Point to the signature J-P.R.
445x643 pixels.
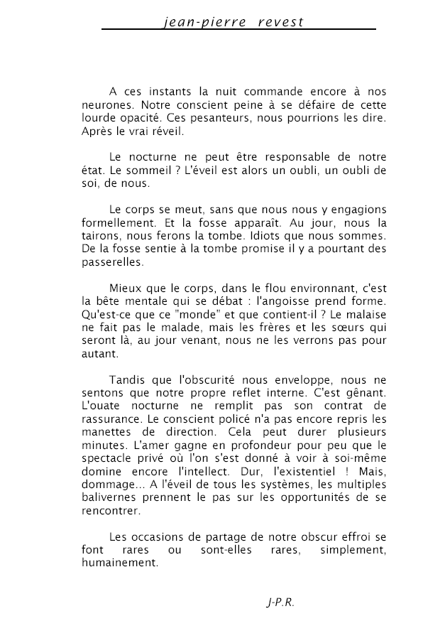280,603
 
